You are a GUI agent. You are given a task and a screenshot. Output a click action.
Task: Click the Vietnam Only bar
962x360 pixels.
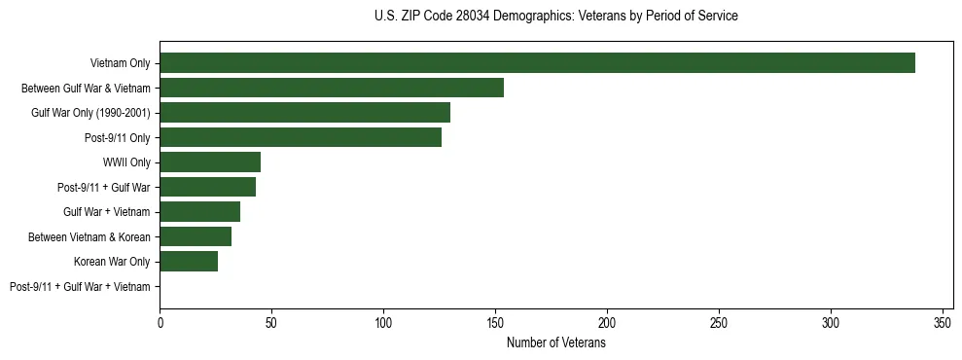coord(537,63)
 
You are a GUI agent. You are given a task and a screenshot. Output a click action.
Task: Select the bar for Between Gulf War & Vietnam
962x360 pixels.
coord(332,88)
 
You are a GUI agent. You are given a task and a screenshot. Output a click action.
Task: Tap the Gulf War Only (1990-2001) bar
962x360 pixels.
coord(304,113)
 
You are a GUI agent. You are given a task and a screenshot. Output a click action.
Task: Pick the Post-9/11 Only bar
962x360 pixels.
coord(301,137)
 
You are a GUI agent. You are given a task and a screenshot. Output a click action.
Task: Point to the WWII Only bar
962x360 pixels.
coord(210,162)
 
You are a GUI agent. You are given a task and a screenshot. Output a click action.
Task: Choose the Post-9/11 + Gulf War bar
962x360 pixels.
coord(207,187)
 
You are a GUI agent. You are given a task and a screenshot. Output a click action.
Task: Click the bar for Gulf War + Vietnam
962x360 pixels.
coord(199,211)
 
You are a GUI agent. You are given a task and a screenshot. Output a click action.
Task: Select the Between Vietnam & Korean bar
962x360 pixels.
coord(196,236)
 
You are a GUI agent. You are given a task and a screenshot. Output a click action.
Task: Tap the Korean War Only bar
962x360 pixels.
coord(189,261)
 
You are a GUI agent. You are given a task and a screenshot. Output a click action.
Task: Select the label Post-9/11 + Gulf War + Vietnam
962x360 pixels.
coord(80,286)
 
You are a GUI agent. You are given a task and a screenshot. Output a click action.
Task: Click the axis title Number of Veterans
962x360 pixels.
coord(555,342)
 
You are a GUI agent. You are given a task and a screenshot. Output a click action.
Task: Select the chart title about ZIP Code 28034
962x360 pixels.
coord(555,17)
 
